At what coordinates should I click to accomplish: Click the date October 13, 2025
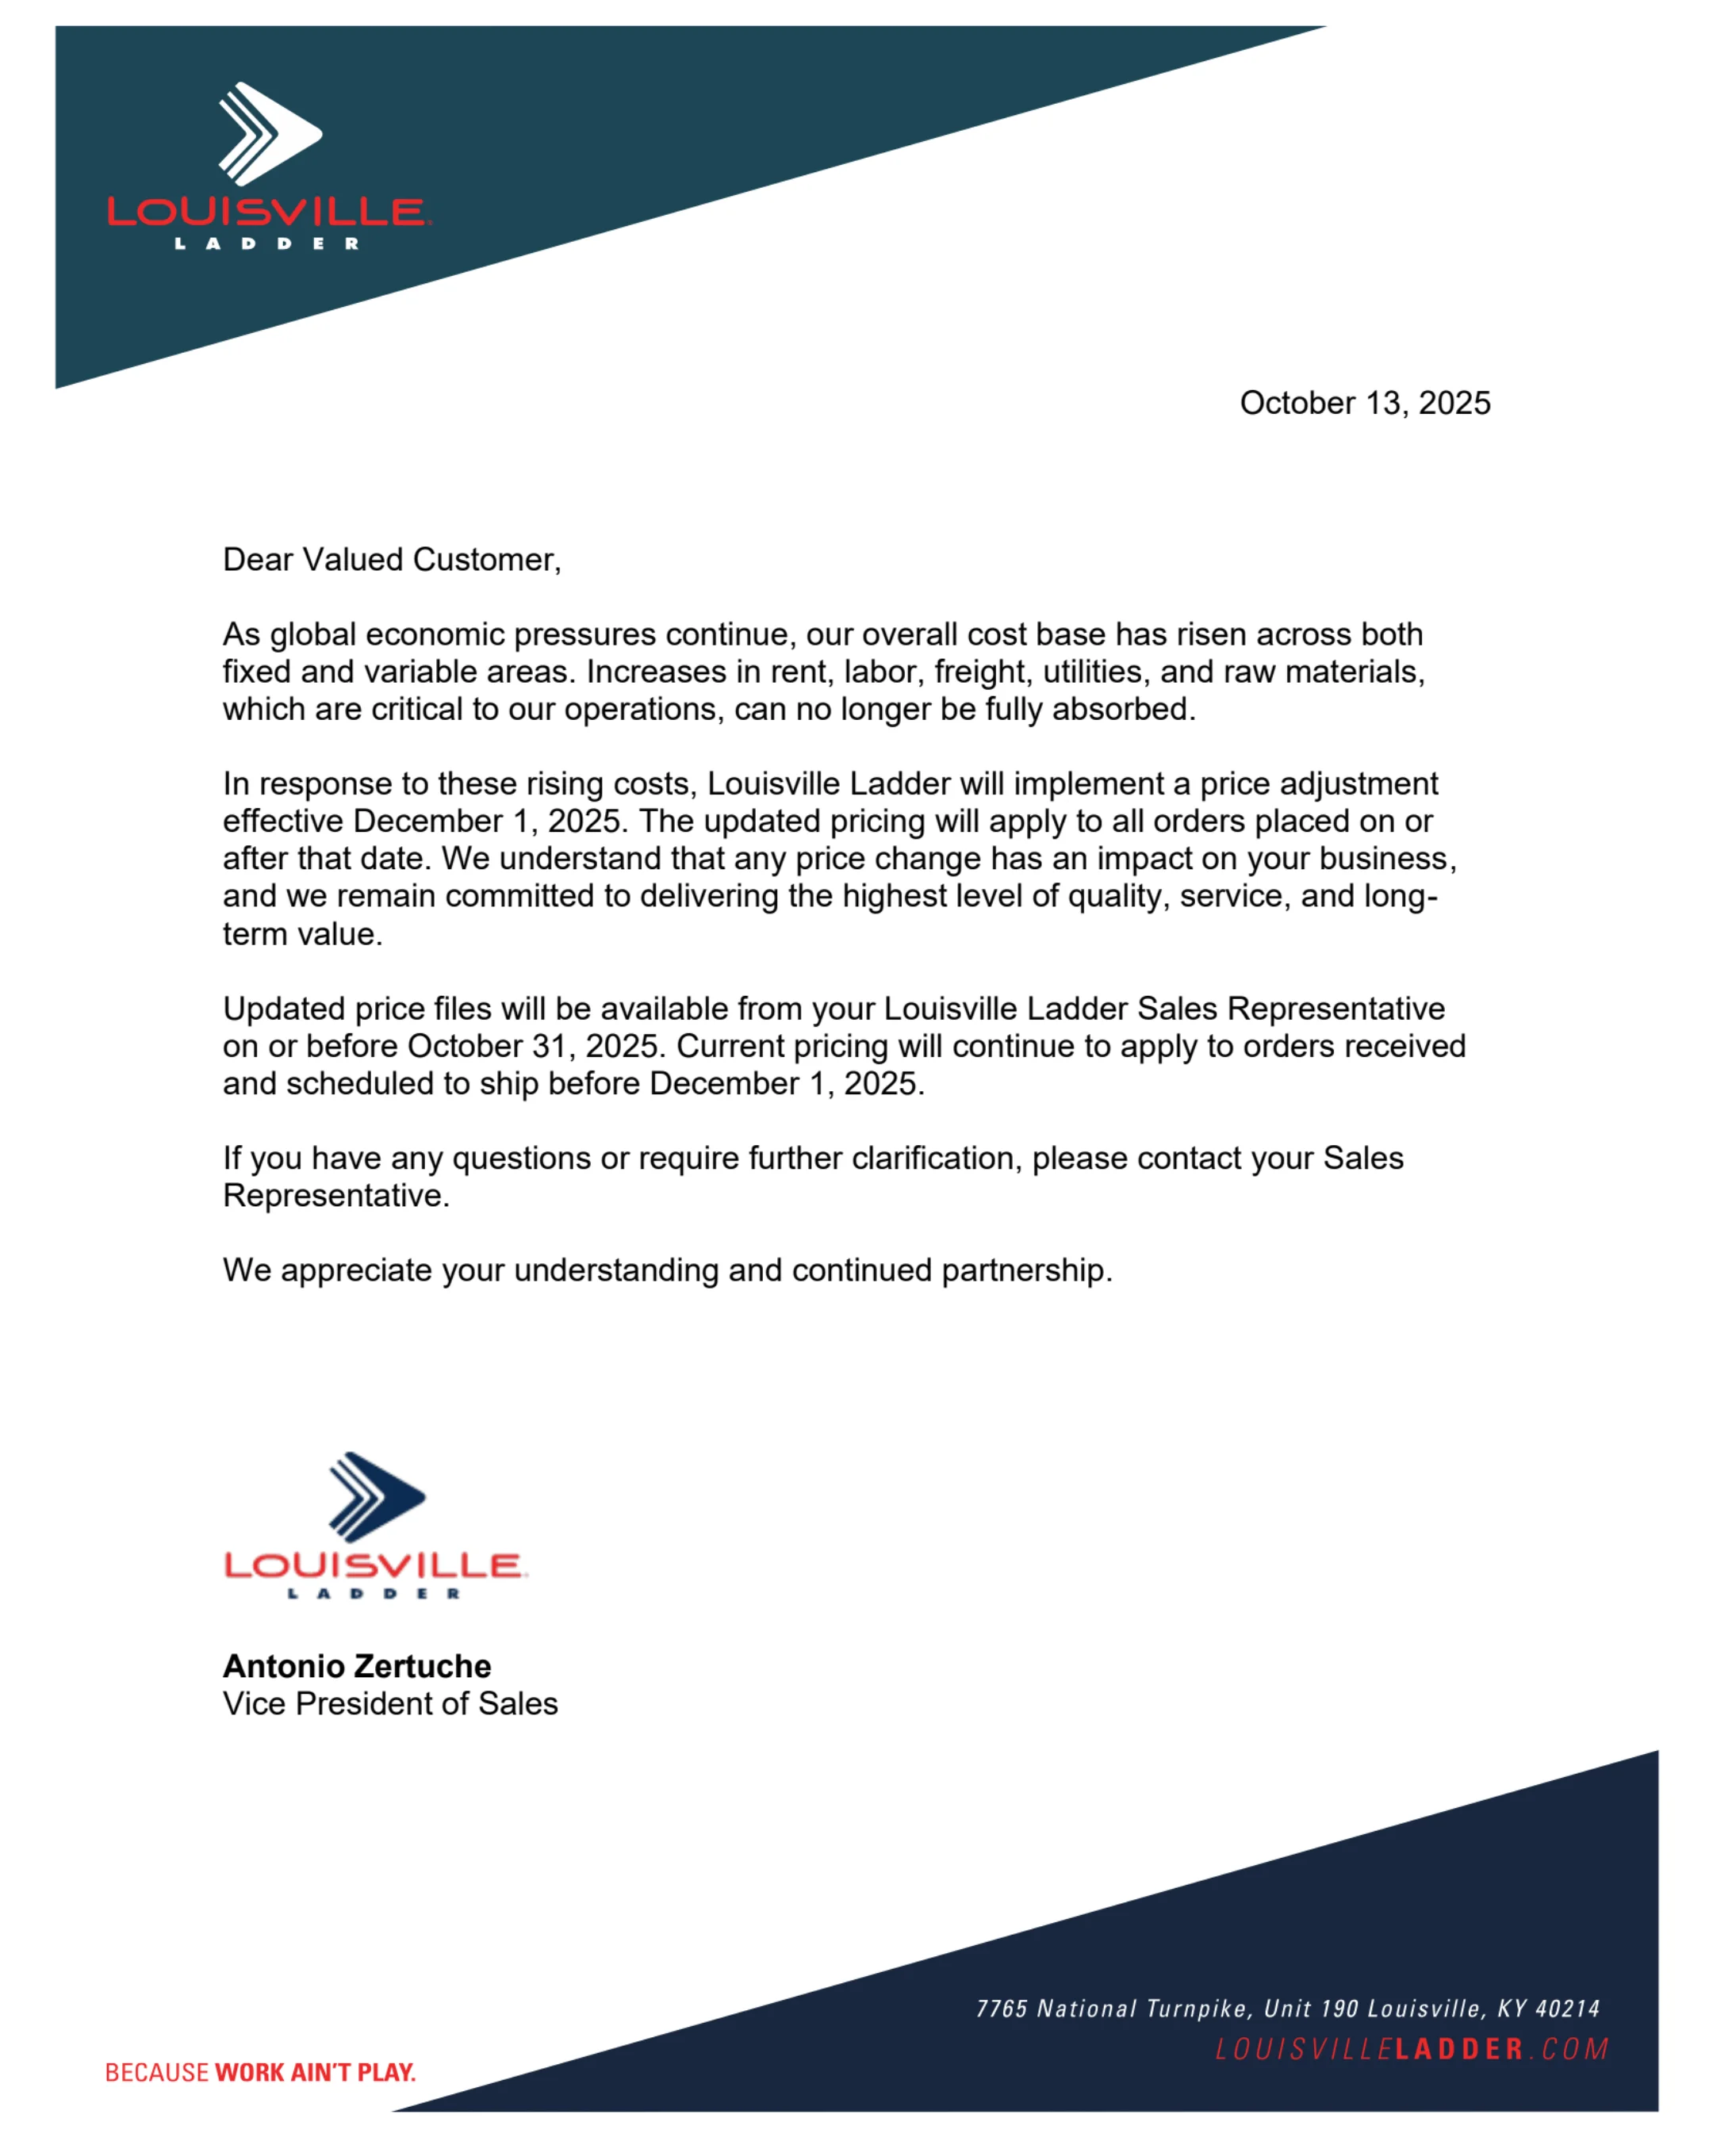click(x=1364, y=403)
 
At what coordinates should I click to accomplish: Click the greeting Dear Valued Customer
click(x=391, y=560)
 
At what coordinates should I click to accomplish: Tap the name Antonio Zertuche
click(x=357, y=1665)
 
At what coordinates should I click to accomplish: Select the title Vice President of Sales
click(x=390, y=1703)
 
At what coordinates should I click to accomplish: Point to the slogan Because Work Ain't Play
click(x=260, y=2073)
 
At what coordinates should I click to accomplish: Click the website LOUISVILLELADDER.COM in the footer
click(x=1411, y=2049)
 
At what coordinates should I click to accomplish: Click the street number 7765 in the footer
click(x=1001, y=2009)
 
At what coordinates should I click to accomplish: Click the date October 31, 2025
click(x=533, y=1046)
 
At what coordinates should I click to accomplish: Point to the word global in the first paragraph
click(x=312, y=634)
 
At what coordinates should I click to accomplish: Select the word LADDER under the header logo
click(x=267, y=243)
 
